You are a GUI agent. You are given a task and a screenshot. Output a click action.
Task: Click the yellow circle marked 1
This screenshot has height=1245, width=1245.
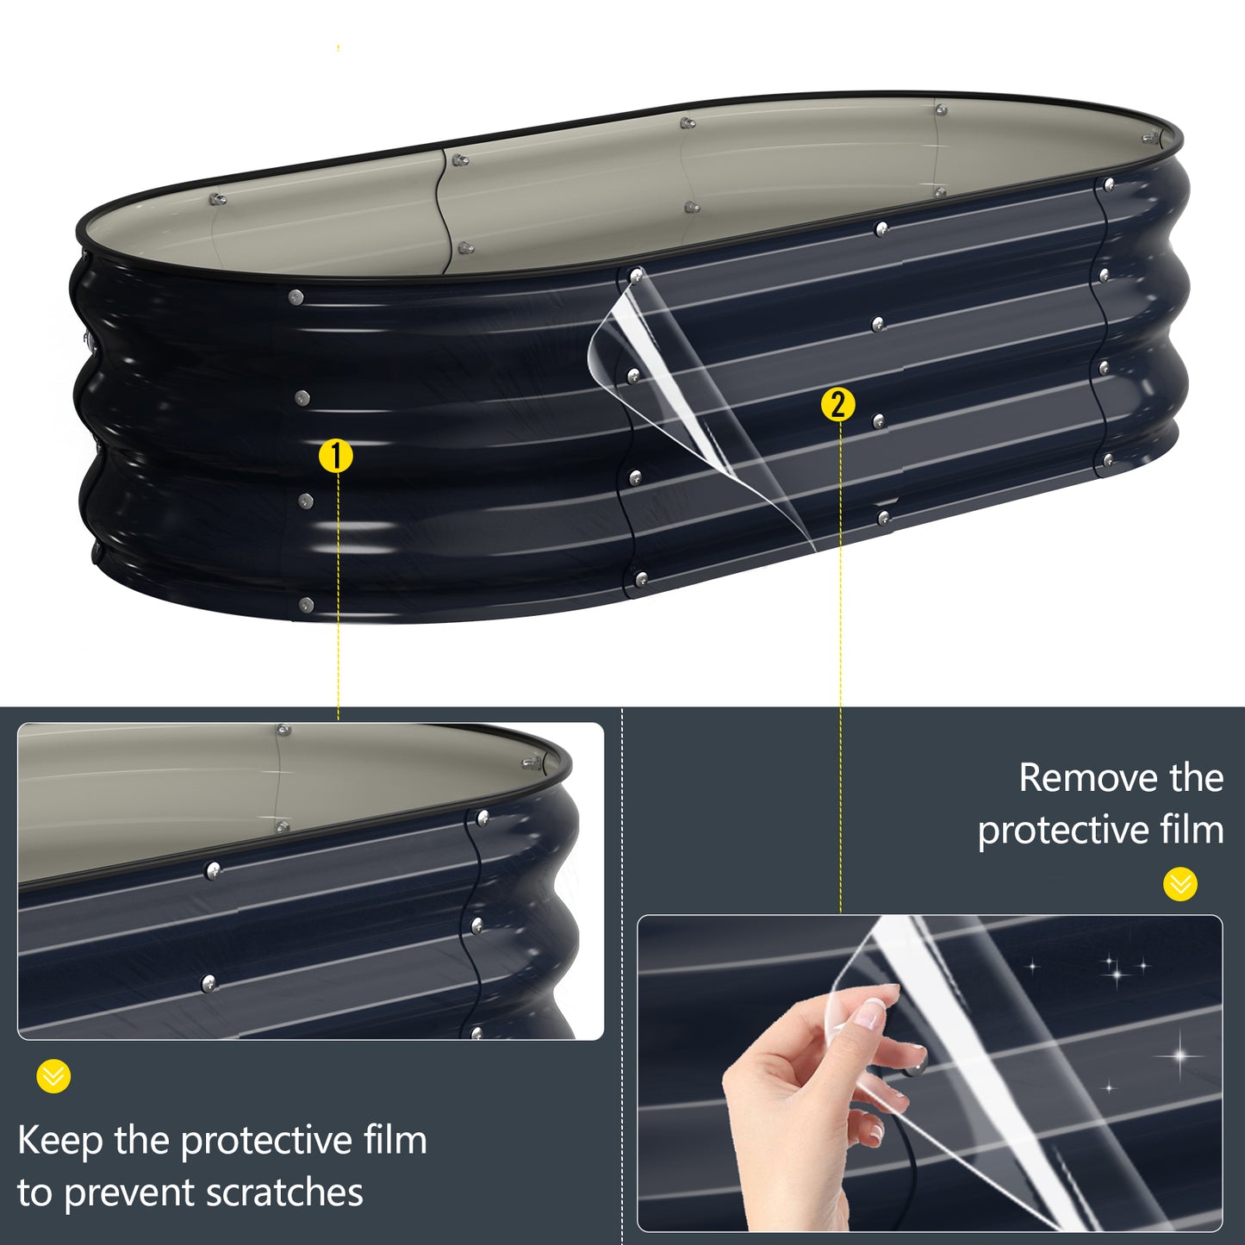pos(336,456)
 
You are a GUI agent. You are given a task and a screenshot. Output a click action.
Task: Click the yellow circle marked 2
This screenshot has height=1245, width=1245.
pos(838,404)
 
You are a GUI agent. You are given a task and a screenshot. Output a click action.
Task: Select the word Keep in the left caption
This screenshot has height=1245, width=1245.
pos(59,1141)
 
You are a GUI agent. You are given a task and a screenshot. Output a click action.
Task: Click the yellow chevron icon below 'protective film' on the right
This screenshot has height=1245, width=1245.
pos(1180,884)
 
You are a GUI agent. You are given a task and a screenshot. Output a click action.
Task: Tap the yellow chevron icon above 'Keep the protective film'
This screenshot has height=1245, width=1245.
pos(53,1076)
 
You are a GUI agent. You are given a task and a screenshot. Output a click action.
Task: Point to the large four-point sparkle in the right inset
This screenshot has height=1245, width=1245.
pos(1180,1056)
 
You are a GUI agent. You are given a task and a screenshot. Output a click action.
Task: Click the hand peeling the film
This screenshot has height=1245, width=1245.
pos(801,1103)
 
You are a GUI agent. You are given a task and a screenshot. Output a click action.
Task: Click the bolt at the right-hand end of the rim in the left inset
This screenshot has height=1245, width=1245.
pos(532,763)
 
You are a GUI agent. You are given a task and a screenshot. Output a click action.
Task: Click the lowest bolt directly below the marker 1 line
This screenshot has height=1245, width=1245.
pos(306,605)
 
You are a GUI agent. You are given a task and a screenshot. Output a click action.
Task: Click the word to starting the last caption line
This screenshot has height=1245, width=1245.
pos(34,1194)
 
